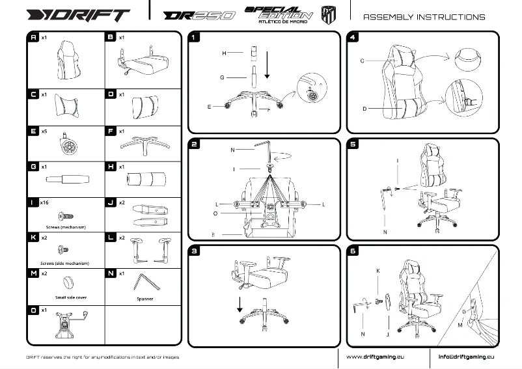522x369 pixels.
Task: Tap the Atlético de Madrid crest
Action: (329, 14)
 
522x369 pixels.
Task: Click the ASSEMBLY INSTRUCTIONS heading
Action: (424, 17)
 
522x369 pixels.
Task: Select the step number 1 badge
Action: (195, 38)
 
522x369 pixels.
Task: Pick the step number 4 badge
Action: (353, 38)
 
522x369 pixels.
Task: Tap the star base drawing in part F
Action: (142, 144)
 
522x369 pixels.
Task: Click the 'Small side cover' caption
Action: (66, 297)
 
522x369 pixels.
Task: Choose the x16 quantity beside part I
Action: (44, 203)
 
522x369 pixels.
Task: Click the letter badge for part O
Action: (33, 311)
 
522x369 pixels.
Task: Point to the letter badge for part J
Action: (111, 203)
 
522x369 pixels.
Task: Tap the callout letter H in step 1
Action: (223, 52)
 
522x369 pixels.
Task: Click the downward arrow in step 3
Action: (240, 303)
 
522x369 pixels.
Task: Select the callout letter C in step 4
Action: (362, 61)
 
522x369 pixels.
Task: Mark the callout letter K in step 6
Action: (378, 269)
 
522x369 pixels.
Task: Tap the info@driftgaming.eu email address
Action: (466, 357)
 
